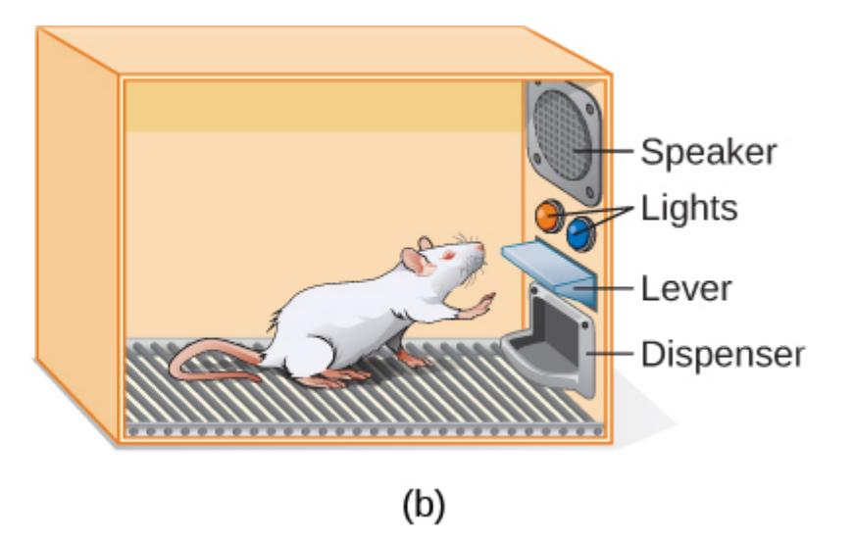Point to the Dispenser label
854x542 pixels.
click(x=723, y=354)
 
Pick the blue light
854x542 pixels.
click(x=579, y=232)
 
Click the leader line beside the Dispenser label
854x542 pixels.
click(x=613, y=354)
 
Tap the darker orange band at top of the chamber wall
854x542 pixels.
click(x=324, y=106)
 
